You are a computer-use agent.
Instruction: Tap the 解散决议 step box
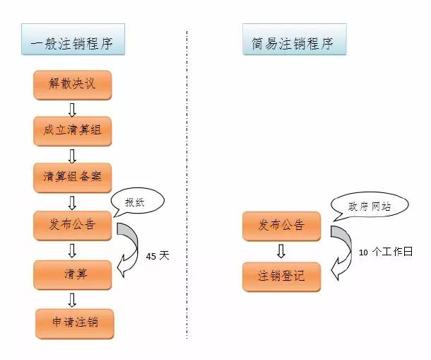72,84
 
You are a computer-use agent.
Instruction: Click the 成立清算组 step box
72,131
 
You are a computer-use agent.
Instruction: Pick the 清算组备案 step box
72,178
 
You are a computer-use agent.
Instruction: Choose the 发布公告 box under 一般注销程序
72,226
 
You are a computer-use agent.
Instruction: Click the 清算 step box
72,274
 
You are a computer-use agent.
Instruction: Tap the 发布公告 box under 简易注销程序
281,226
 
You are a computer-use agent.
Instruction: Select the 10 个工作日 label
384,252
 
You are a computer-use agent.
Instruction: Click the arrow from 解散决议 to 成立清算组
72,108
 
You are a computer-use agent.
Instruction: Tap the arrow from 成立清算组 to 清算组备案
72,155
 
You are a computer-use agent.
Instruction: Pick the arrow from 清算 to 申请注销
72,298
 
